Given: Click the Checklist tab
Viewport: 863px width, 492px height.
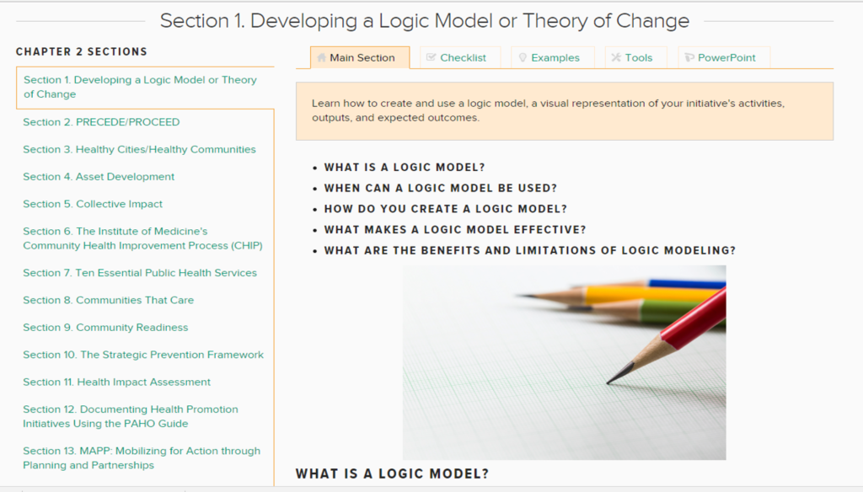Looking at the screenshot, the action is point(460,58).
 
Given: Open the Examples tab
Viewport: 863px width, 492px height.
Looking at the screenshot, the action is point(553,58).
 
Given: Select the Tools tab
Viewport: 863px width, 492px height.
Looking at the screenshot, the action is point(635,58).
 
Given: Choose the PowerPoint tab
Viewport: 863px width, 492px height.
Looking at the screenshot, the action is point(724,58).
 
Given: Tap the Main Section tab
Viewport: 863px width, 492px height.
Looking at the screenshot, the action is point(360,58).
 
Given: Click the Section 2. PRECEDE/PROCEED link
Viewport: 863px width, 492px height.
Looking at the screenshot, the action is point(101,122).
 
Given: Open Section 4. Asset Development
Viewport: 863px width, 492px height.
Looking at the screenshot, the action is point(99,177).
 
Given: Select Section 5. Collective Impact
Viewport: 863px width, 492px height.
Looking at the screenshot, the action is point(93,204).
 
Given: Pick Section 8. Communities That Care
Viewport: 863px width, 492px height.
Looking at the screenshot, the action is point(109,300).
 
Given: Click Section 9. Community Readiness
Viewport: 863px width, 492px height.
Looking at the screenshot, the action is point(105,328).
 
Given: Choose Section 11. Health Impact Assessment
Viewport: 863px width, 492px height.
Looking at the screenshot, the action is point(116,382).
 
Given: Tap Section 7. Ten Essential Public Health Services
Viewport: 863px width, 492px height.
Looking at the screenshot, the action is point(140,273).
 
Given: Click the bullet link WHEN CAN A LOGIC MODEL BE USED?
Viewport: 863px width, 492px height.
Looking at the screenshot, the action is point(440,188).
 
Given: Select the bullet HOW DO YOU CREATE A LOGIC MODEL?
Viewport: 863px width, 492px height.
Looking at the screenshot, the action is point(445,209).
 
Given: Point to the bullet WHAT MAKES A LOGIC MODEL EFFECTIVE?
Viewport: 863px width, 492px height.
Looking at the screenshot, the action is point(454,230).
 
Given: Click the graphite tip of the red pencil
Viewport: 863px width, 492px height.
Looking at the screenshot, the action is point(608,382).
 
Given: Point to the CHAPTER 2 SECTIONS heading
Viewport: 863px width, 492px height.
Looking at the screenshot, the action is point(82,51).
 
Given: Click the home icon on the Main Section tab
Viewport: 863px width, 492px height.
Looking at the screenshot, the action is point(321,57).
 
